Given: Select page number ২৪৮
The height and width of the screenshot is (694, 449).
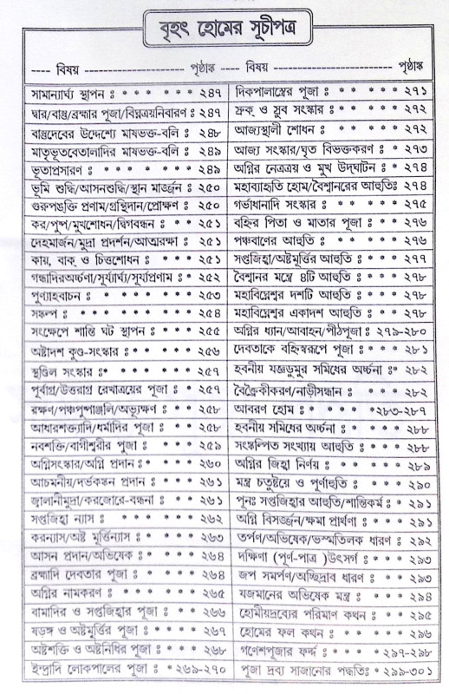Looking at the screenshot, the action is pyautogui.click(x=208, y=133).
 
